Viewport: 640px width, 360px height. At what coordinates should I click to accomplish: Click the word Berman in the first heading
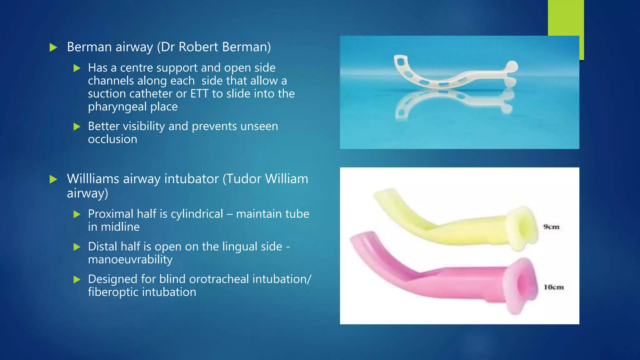89,47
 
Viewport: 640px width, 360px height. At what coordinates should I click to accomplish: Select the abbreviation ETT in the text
200,93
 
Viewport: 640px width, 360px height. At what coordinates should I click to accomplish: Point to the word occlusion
112,139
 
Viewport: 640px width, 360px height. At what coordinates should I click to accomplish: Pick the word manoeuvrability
130,259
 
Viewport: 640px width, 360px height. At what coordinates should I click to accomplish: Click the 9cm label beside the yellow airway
551,227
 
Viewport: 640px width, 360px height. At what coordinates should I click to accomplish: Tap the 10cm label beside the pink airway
554,287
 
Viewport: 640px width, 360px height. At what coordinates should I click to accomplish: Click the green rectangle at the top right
566,19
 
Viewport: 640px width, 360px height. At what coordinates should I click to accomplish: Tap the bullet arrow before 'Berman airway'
54,47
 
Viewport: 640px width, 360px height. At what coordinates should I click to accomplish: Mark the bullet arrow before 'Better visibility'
77,127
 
